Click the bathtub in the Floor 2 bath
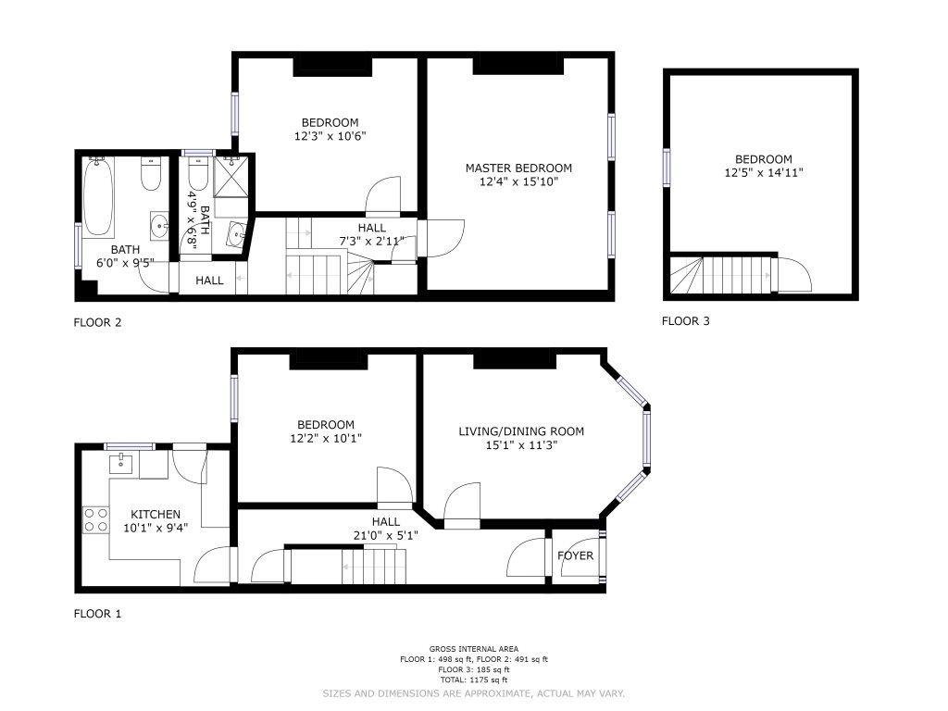(98, 197)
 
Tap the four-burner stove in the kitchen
(96, 520)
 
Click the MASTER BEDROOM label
(518, 168)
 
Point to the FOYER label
(576, 555)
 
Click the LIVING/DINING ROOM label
(521, 431)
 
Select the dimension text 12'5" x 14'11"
(764, 173)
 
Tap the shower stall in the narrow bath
(231, 176)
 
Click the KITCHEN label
(156, 515)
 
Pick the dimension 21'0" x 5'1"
(386, 535)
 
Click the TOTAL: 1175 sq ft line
(474, 680)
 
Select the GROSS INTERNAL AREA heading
(474, 649)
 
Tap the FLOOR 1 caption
(97, 614)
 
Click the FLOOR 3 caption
(686, 321)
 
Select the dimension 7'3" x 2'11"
(372, 242)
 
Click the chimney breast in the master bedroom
(518, 66)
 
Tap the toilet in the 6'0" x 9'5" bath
(151, 173)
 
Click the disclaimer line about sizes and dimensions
(473, 693)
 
